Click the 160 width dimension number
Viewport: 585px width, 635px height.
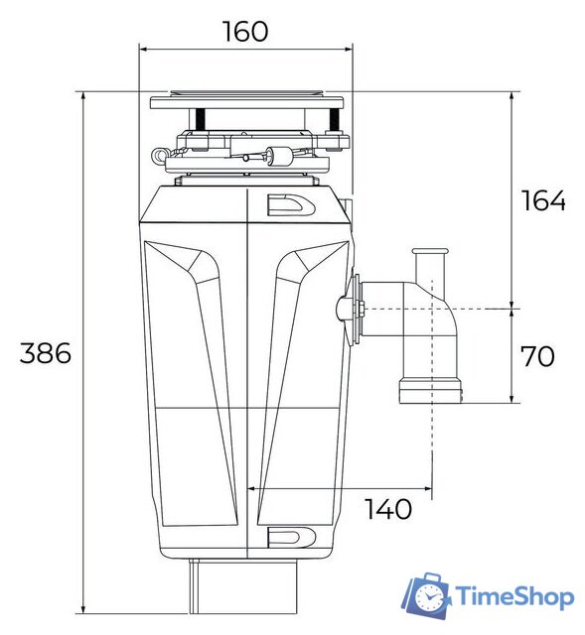pyautogui.click(x=244, y=31)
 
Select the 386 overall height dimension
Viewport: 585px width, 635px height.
pyautogui.click(x=46, y=353)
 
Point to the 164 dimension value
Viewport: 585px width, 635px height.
pyautogui.click(x=543, y=200)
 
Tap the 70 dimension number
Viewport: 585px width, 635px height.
pyautogui.click(x=537, y=356)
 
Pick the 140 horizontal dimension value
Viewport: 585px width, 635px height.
pyautogui.click(x=388, y=510)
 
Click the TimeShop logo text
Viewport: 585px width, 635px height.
pyautogui.click(x=513, y=597)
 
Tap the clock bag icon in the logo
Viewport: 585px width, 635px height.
pyautogui.click(x=427, y=595)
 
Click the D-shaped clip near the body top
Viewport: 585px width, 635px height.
pyautogui.click(x=291, y=204)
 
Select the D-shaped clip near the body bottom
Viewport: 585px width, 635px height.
pyautogui.click(x=291, y=537)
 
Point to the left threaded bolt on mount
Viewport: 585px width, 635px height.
pyautogui.click(x=201, y=120)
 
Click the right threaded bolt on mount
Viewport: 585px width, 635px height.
pyautogui.click(x=332, y=120)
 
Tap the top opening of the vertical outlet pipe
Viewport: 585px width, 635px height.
pyautogui.click(x=431, y=253)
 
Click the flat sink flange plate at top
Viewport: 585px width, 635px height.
pyautogui.click(x=246, y=102)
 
